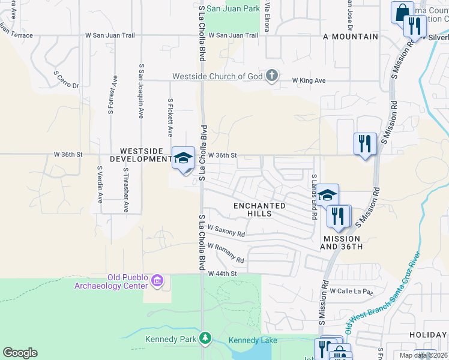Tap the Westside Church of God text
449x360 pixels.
(x=218, y=76)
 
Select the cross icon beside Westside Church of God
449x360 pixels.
(x=272, y=76)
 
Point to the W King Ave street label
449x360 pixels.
(x=309, y=80)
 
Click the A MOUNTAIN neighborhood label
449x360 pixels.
(x=351, y=37)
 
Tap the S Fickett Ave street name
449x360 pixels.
(x=170, y=118)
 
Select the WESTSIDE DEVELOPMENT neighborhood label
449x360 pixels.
(x=146, y=155)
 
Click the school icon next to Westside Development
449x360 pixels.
(x=184, y=158)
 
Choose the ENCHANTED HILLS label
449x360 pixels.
(x=259, y=209)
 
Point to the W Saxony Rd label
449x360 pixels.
(x=226, y=230)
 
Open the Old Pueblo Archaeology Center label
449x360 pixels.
(x=111, y=281)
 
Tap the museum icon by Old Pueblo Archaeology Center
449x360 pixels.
(x=157, y=280)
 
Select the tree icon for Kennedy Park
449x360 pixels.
(x=206, y=339)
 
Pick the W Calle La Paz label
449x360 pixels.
(x=351, y=292)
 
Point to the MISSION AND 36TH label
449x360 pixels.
(x=342, y=242)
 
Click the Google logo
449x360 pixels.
(x=20, y=353)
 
